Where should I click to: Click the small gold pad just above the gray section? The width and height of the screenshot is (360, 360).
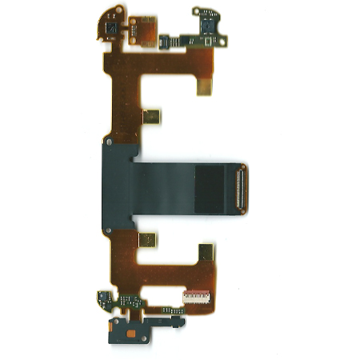[x=151, y=116]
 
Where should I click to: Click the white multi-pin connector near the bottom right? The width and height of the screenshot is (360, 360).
[x=197, y=297]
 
